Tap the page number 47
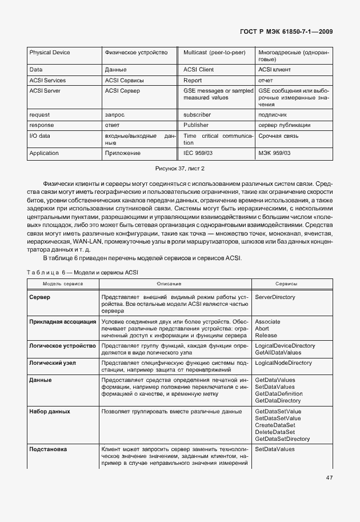click(x=330, y=478)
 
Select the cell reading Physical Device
click(x=50, y=53)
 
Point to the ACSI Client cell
click(x=199, y=69)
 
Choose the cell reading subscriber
click(x=197, y=115)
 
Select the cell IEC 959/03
click(x=198, y=153)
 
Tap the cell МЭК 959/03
click(x=274, y=153)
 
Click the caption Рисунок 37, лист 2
click(x=180, y=169)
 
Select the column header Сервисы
click(x=286, y=284)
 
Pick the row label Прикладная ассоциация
click(x=63, y=321)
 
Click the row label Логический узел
click(x=53, y=363)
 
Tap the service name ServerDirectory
click(x=275, y=297)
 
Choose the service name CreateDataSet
click(x=275, y=425)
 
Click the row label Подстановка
click(x=48, y=449)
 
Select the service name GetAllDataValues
click(x=278, y=353)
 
